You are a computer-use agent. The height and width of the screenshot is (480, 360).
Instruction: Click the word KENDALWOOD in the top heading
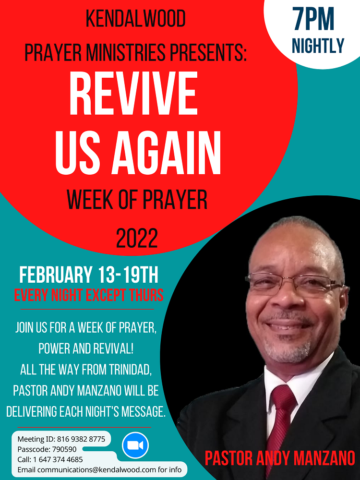tap(136, 19)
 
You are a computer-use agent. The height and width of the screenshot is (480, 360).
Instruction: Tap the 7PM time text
tap(313, 19)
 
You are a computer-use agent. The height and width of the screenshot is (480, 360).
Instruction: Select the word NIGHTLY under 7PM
tap(318, 46)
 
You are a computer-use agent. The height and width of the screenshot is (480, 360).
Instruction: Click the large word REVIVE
tap(133, 93)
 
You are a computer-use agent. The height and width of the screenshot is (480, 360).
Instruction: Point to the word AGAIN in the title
tap(166, 153)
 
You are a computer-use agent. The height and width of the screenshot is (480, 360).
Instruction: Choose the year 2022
tap(137, 238)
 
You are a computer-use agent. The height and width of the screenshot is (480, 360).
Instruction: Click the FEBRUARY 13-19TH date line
tap(89, 275)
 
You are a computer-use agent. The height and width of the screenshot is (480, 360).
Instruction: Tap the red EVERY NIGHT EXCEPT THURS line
tap(89, 295)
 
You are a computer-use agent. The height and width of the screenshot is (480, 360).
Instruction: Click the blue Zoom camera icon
tap(135, 445)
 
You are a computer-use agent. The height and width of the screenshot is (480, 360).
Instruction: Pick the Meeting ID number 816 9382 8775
tap(81, 439)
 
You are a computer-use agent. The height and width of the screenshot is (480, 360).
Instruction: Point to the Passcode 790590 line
tap(47, 449)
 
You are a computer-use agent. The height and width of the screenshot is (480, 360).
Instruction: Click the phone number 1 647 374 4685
tap(58, 459)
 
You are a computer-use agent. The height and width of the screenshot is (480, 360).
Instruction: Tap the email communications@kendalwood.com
tap(97, 469)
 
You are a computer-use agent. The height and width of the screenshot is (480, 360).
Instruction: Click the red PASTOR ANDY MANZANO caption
tap(280, 458)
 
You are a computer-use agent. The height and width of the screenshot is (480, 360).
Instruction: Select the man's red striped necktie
tap(281, 422)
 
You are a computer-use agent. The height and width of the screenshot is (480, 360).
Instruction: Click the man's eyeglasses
tap(295, 283)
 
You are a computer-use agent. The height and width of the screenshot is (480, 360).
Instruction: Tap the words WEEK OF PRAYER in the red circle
tap(137, 200)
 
